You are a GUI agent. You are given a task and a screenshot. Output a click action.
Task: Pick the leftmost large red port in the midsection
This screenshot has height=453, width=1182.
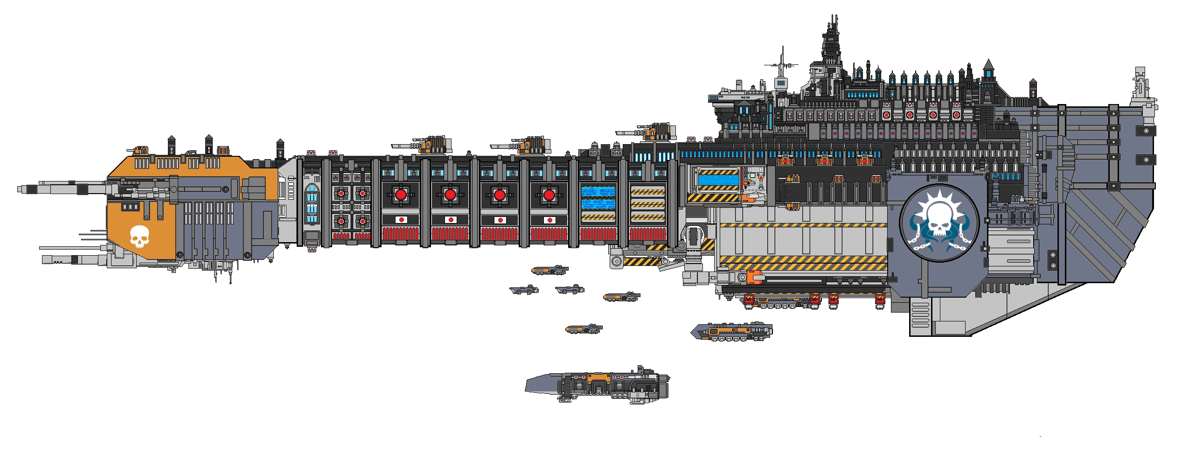(401, 195)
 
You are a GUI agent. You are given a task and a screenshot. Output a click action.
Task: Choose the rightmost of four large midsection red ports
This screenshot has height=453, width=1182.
(549, 195)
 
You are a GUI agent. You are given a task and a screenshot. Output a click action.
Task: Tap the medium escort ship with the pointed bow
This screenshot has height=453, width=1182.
(731, 332)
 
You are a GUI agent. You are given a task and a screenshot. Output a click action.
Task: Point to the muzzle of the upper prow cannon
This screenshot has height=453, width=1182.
(19, 188)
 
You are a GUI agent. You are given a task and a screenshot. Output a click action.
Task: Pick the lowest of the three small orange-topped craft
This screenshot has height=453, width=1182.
(584, 328)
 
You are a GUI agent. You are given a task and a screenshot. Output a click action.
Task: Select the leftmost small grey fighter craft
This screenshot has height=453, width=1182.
(524, 290)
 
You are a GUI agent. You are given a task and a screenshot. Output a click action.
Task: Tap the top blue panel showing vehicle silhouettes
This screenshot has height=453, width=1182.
(598, 192)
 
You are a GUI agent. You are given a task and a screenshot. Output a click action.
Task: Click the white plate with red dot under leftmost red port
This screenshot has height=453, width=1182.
(401, 220)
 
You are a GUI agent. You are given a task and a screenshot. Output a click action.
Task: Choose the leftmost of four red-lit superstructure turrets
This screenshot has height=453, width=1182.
(886, 115)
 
